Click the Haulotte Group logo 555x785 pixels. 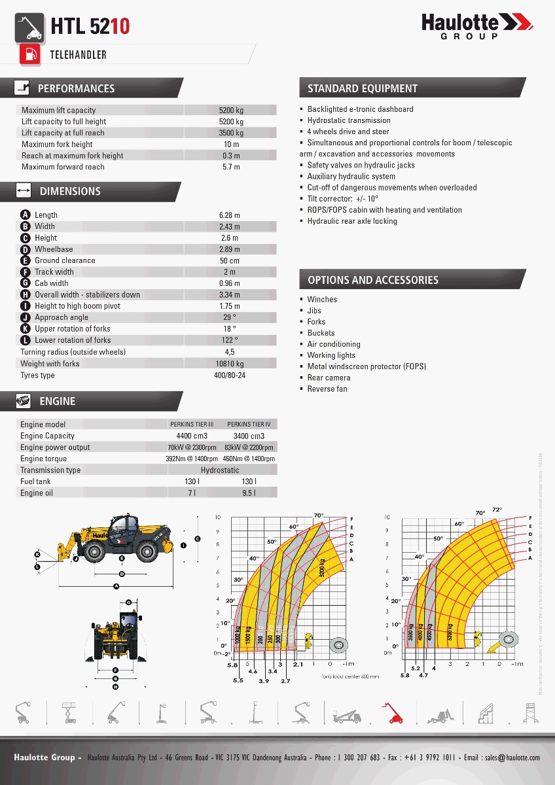[477, 26]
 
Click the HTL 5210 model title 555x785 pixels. [90, 26]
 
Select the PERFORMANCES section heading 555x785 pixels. [76, 88]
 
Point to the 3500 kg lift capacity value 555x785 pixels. [231, 133]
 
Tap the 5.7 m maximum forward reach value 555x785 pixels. [231, 167]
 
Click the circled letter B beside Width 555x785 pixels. [26, 226]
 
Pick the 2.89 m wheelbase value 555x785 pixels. [230, 249]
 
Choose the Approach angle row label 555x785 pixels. [62, 317]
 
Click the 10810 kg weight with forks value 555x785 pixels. [230, 364]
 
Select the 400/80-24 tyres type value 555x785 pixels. [230, 375]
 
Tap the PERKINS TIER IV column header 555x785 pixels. [249, 425]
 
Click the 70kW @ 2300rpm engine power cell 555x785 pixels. [192, 447]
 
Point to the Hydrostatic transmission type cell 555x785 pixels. [220, 470]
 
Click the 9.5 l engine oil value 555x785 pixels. [249, 493]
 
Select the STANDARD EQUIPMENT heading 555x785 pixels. [363, 88]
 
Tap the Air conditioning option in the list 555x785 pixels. [334, 344]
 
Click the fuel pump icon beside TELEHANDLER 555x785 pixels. [29, 54]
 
